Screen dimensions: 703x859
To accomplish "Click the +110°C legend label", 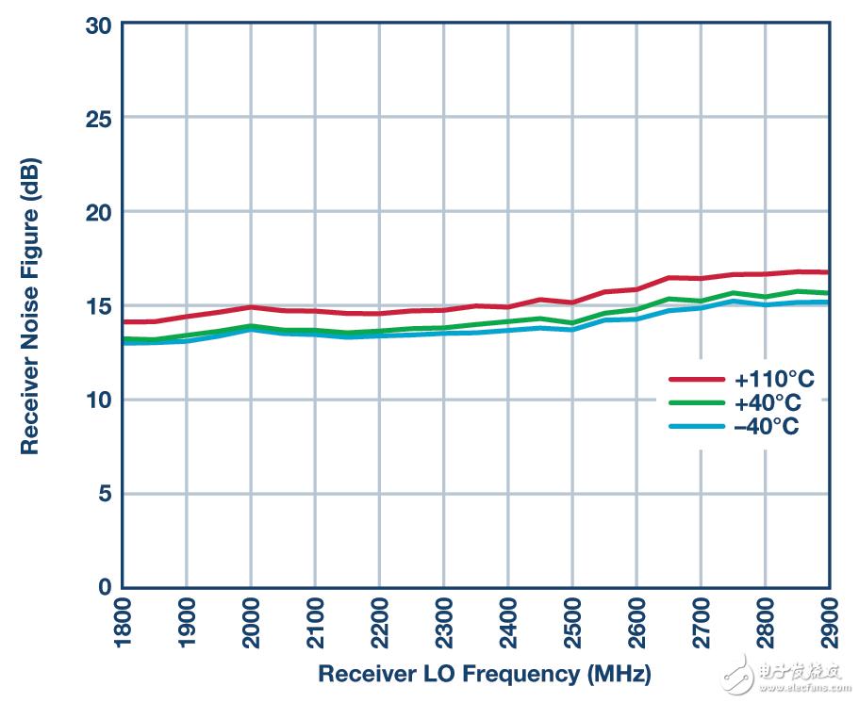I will click(774, 379).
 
